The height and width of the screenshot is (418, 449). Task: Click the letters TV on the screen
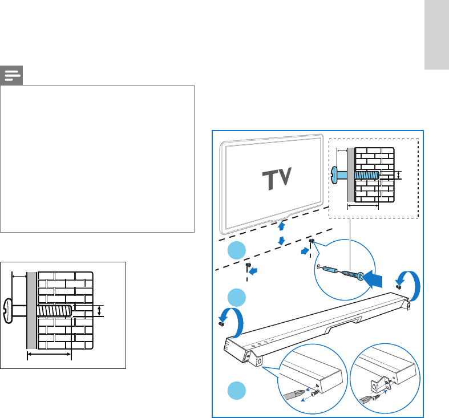coord(277,178)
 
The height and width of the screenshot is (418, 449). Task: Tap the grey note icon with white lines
coord(11,76)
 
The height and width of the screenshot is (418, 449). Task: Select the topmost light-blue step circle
coord(237,250)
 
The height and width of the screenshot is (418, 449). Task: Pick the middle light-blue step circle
coord(237,298)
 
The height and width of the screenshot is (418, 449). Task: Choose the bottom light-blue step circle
coord(237,391)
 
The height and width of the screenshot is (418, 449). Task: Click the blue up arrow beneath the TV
coord(281,226)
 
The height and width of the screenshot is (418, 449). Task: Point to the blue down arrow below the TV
coord(281,241)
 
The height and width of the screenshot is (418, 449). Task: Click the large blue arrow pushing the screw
coord(373,279)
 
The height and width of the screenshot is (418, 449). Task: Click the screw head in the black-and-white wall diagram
coord(8,311)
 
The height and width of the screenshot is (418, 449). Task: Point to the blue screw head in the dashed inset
coord(334,175)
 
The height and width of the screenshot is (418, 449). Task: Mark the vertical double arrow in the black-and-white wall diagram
coord(99,311)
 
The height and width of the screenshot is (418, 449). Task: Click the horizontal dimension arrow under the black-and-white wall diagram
coord(49,355)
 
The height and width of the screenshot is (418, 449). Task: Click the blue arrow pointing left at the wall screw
coord(253,270)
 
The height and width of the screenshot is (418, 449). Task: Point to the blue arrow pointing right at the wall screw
coord(305,251)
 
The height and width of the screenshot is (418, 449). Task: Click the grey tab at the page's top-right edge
coord(436,35)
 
